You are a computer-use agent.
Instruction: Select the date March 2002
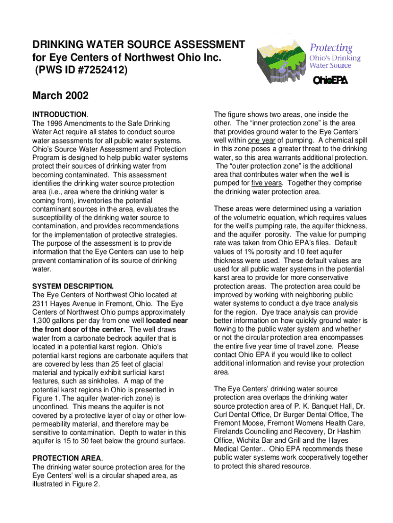pyautogui.click(x=60, y=96)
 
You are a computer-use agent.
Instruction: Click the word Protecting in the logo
pyautogui.click(x=331, y=48)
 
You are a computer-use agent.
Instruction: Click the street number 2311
pyautogui.click(x=41, y=303)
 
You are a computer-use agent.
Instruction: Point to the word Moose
pyautogui.click(x=255, y=423)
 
